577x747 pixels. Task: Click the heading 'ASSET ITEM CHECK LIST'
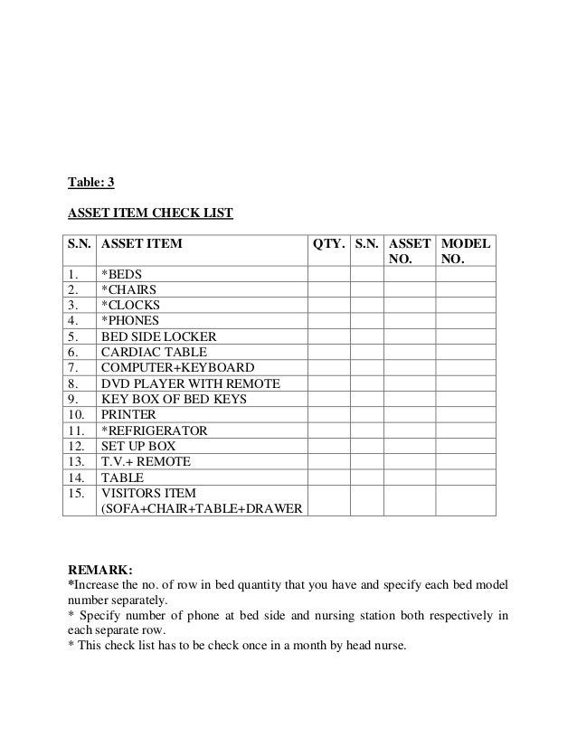[151, 214]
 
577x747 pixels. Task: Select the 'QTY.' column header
[328, 244]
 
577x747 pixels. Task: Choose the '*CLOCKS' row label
[130, 305]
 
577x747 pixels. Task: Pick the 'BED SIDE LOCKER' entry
[158, 336]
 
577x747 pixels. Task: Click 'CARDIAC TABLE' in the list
[154, 352]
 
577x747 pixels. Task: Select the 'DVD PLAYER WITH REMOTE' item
[190, 383]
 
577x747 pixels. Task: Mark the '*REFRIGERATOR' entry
[154, 430]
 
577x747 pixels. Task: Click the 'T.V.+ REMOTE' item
[146, 461]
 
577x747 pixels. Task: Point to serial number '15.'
[75, 493]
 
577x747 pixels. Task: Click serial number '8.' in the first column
[72, 383]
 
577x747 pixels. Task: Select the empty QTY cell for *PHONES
[328, 320]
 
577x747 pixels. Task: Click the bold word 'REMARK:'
[100, 571]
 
